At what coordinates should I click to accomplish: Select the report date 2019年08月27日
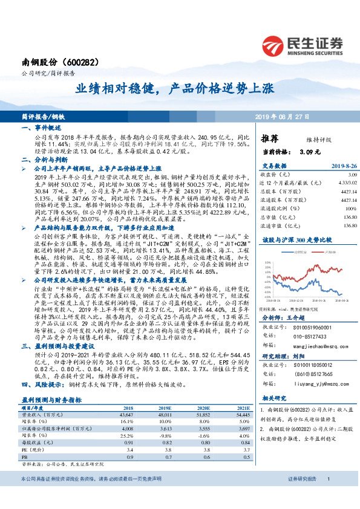click(x=289, y=115)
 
